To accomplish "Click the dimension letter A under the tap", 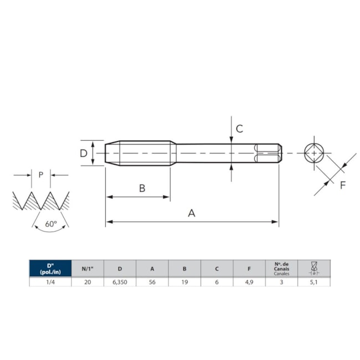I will click(x=192, y=213).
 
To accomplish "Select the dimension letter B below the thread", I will click(x=142, y=188).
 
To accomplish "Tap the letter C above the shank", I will click(x=239, y=128).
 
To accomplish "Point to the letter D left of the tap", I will click(x=84, y=153).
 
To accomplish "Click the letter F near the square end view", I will click(x=342, y=185).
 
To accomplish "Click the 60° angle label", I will click(x=51, y=224).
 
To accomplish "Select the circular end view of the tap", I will click(x=315, y=153).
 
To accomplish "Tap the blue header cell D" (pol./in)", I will click(x=50, y=269).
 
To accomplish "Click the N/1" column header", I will click(x=88, y=269).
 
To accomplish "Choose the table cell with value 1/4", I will click(x=50, y=282).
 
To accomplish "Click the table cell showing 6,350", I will click(x=120, y=282).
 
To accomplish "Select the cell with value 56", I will click(x=152, y=282).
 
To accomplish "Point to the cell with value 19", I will click(x=184, y=282).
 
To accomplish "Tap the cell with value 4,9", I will click(x=249, y=282).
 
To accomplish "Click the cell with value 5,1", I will click(x=314, y=282).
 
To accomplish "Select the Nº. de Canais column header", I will click(x=281, y=269).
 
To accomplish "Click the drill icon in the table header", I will click(x=314, y=269).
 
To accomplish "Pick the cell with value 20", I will click(x=88, y=282).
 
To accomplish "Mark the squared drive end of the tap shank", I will click(x=268, y=153).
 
